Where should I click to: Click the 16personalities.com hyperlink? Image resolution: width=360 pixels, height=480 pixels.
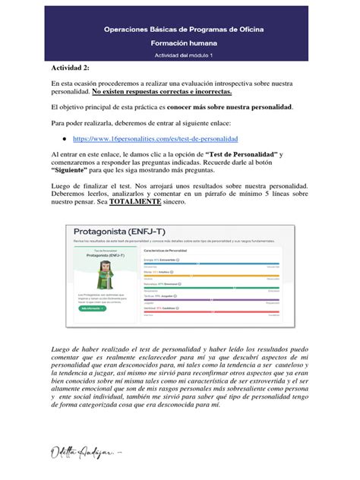pos(155,140)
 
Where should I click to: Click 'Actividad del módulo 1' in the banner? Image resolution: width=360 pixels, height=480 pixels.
pos(179,55)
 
